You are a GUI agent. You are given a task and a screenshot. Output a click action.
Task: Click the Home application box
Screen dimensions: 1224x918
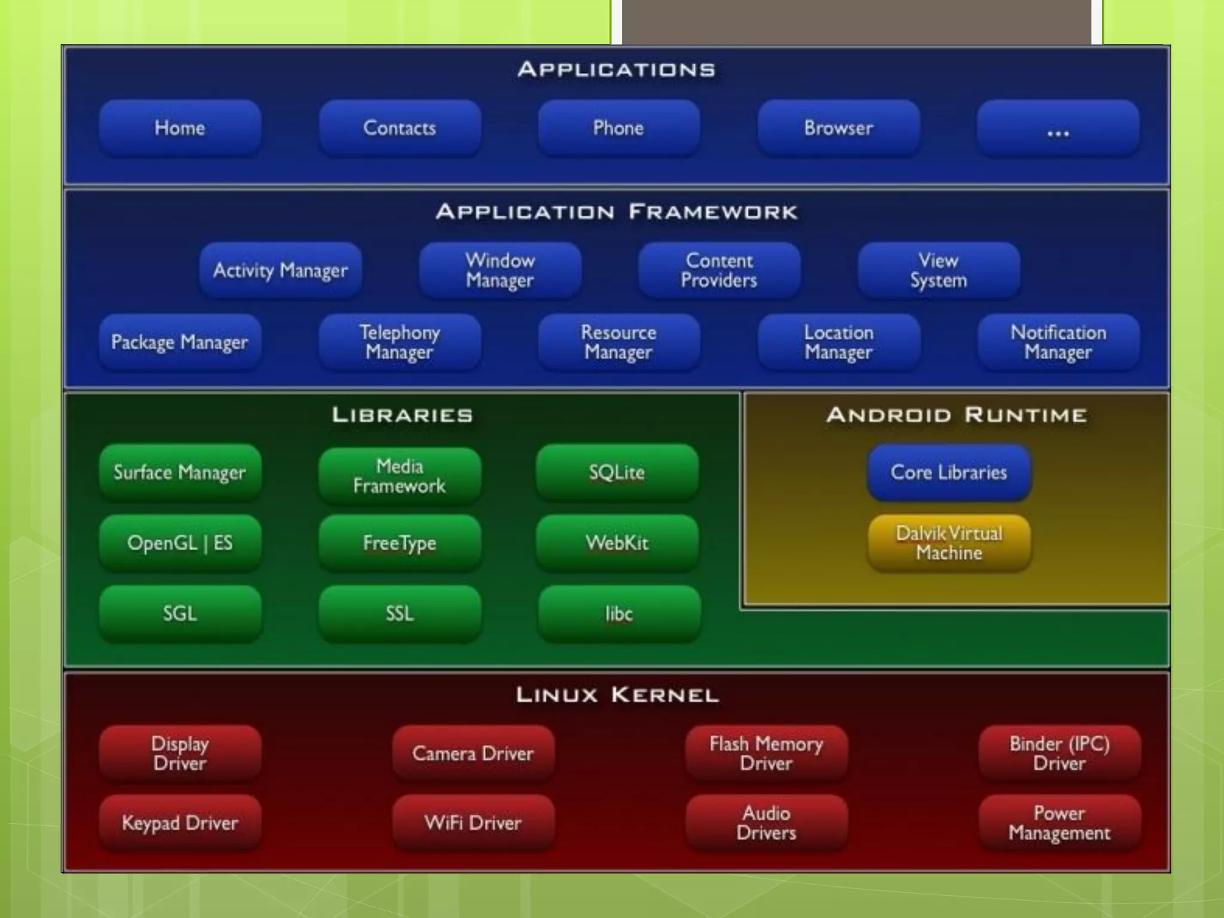(x=180, y=128)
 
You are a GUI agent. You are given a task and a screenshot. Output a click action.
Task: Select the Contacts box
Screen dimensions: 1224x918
(x=399, y=128)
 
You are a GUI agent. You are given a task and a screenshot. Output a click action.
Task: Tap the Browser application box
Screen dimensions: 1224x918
(x=839, y=128)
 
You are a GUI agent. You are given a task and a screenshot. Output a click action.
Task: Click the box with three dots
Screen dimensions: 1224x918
(x=1058, y=128)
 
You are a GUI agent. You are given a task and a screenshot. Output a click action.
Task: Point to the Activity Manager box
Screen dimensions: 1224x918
(x=280, y=270)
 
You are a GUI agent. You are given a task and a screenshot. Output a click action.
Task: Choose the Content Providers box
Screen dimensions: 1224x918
(x=719, y=270)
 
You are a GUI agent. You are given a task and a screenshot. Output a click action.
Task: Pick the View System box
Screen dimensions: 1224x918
(x=938, y=270)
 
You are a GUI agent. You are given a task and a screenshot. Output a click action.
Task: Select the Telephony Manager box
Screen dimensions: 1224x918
(x=399, y=342)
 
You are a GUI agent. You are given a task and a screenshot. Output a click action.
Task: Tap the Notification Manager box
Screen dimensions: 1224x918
(x=1058, y=342)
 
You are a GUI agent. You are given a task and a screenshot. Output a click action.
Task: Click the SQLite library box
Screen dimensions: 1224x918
(x=617, y=472)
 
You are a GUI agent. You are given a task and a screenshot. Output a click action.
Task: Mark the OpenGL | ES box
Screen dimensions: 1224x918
(x=180, y=543)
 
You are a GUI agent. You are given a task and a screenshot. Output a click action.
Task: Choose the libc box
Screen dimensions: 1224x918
(x=619, y=614)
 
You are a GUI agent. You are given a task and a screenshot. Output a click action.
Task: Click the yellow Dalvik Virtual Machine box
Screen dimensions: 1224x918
(x=949, y=543)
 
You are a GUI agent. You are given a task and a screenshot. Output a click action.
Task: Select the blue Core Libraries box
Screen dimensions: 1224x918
(x=949, y=472)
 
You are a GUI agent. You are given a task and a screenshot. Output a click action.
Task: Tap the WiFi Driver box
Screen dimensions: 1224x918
(x=473, y=823)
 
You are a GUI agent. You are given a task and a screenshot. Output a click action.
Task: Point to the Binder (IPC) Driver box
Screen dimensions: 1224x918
(x=1059, y=753)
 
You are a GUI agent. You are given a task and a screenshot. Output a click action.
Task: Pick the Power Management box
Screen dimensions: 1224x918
(x=1059, y=823)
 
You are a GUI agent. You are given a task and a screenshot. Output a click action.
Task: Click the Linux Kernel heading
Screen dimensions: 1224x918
(x=617, y=695)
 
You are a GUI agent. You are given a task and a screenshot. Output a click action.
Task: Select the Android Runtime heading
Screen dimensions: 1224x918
(x=956, y=415)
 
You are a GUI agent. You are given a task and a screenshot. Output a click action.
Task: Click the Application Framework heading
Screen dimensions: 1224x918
(x=617, y=212)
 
